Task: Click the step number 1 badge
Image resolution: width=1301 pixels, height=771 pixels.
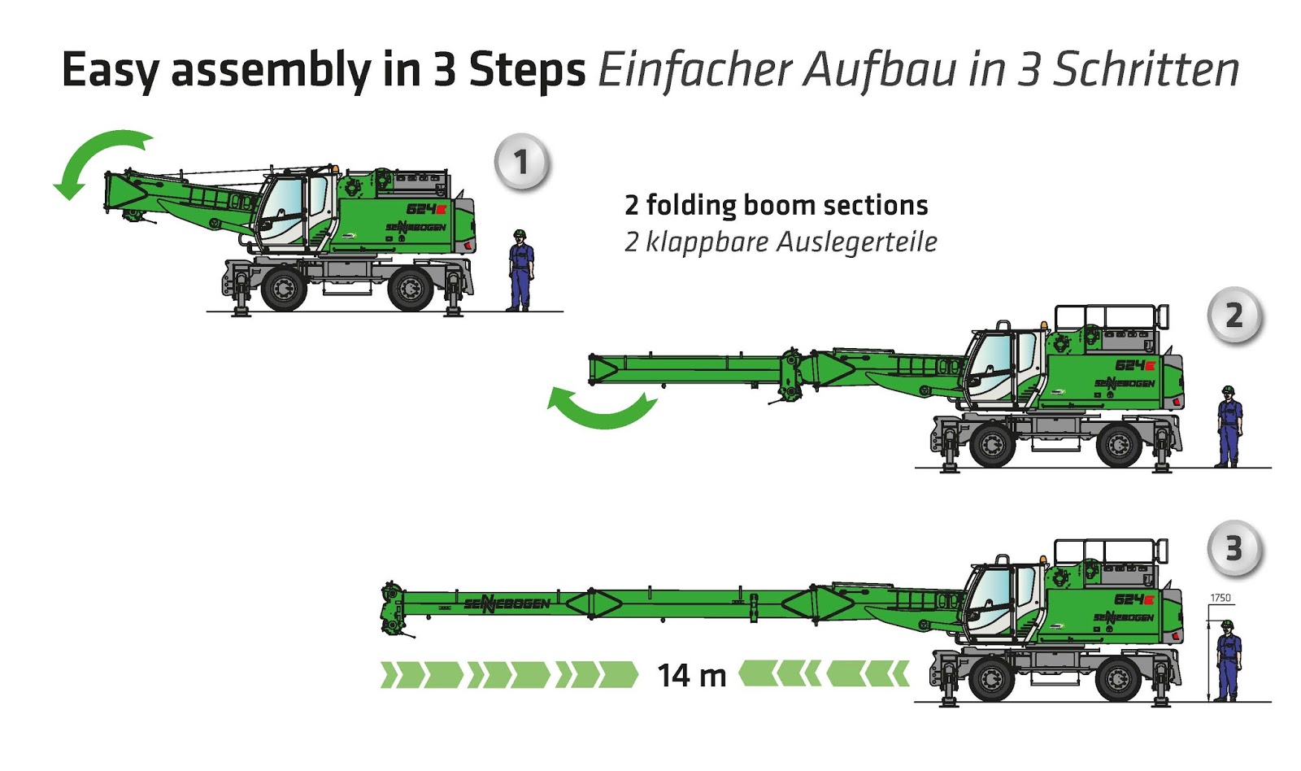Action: coord(521,162)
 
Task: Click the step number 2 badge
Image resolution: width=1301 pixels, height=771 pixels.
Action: coord(1234,316)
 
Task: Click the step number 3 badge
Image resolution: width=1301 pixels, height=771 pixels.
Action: coord(1234,549)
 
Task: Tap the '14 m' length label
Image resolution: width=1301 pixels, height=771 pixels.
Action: coord(691,675)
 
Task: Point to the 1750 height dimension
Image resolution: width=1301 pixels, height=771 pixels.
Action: coord(1220,598)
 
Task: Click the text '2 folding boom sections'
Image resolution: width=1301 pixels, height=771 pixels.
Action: coord(776,205)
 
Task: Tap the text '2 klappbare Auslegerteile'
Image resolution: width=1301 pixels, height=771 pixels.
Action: coord(781,242)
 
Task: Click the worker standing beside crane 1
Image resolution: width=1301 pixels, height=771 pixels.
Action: coord(520,270)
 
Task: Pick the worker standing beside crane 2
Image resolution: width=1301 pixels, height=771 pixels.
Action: coord(1229,426)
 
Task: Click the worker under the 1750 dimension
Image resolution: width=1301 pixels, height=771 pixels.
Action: coord(1228,660)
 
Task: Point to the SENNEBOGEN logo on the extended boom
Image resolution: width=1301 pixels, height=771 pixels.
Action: coord(507,603)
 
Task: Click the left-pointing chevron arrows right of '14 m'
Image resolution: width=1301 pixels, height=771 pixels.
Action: coord(823,673)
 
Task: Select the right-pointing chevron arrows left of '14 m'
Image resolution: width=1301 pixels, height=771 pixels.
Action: coord(509,675)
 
